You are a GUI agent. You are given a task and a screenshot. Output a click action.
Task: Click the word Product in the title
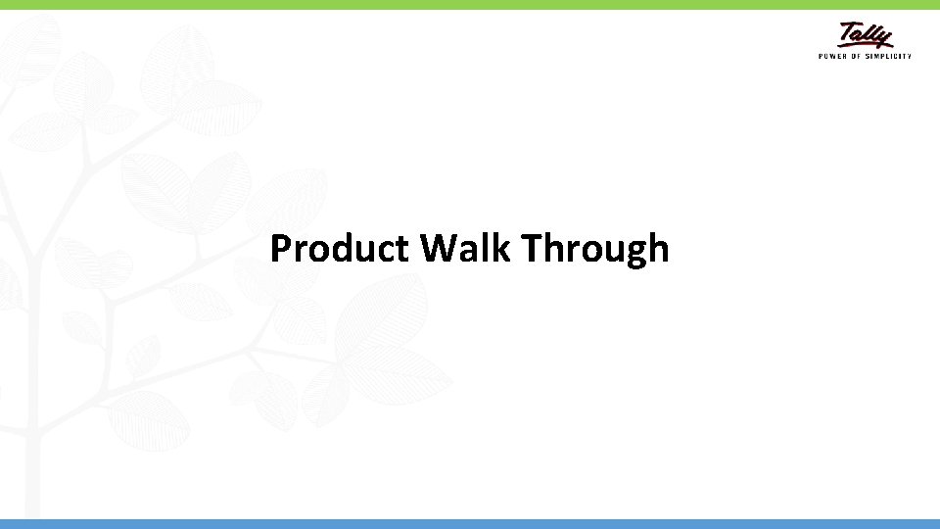(x=339, y=249)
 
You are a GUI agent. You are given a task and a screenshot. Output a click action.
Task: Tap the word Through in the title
(x=595, y=249)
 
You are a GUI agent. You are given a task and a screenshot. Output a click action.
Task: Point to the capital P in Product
(x=281, y=249)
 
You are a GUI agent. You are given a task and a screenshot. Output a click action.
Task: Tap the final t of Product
(x=401, y=250)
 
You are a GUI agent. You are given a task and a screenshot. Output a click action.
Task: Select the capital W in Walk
(x=439, y=249)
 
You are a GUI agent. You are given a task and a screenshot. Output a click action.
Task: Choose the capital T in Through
(x=534, y=249)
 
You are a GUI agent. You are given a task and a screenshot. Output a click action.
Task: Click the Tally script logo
(x=866, y=35)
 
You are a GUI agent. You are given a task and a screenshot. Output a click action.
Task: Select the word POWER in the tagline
(x=831, y=56)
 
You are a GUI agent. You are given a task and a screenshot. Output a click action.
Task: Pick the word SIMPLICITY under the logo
(x=889, y=56)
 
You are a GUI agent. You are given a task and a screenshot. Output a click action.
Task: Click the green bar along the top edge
(x=470, y=5)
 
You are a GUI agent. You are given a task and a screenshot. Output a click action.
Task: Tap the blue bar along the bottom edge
(x=470, y=524)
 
